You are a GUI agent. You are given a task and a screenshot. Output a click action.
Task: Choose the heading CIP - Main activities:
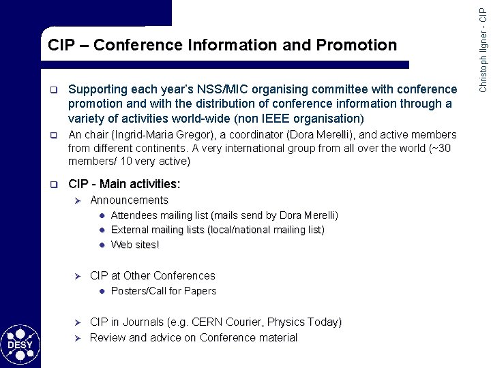click(x=124, y=184)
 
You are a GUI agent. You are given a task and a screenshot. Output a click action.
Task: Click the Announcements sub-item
click(x=129, y=200)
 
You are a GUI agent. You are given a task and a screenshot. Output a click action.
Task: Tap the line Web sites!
click(x=135, y=245)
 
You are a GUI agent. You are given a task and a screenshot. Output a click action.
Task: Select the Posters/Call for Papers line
click(x=164, y=291)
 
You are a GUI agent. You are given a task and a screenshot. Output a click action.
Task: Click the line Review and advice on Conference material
click(x=194, y=338)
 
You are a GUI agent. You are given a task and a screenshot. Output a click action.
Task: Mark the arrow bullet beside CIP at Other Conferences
click(x=77, y=276)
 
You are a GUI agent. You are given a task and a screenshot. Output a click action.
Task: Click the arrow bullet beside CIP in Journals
click(x=77, y=322)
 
